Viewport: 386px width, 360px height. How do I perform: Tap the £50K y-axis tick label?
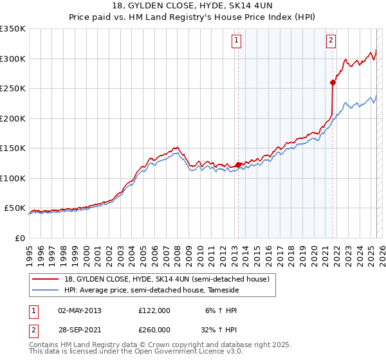(15, 208)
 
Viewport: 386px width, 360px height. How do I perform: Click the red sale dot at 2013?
(238, 165)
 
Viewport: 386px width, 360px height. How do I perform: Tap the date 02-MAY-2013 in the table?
(80, 310)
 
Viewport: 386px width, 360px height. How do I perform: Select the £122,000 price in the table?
(154, 310)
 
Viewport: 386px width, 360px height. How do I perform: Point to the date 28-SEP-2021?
(80, 330)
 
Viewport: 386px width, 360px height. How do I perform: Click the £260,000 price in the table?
(154, 330)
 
